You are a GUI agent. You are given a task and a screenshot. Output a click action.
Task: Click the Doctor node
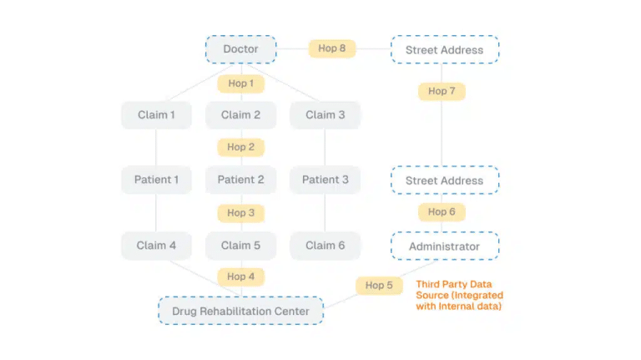pos(240,49)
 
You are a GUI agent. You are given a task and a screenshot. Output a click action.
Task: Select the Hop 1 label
pos(240,84)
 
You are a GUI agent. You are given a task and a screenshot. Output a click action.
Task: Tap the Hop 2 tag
pos(240,147)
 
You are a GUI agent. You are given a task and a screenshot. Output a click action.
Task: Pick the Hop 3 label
pos(240,213)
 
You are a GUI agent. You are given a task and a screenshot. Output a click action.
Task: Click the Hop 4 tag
pos(240,276)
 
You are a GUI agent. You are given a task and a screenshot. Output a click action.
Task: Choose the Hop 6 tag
pos(442,212)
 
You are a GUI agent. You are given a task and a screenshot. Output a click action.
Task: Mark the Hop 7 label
pos(442,91)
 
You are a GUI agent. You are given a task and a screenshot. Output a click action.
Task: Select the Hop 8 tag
pos(331,48)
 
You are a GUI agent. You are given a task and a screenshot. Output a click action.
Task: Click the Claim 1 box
pos(157,115)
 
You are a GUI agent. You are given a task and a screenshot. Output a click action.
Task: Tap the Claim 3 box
pos(325,115)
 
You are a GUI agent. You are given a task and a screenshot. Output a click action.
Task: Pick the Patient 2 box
pos(240,180)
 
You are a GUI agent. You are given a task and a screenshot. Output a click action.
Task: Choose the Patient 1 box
pos(157,180)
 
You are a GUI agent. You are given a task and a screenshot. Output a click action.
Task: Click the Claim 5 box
pos(240,246)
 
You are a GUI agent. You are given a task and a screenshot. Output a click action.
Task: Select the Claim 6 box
pos(325,246)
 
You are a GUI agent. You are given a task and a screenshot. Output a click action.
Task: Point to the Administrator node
pos(444,246)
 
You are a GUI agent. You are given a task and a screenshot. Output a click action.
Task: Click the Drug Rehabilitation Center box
pos(240,312)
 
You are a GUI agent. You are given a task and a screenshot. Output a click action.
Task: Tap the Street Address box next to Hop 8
pos(444,50)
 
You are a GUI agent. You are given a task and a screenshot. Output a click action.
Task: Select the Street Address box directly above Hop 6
pos(444,180)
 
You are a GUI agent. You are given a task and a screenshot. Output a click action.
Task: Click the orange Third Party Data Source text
pos(460,296)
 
